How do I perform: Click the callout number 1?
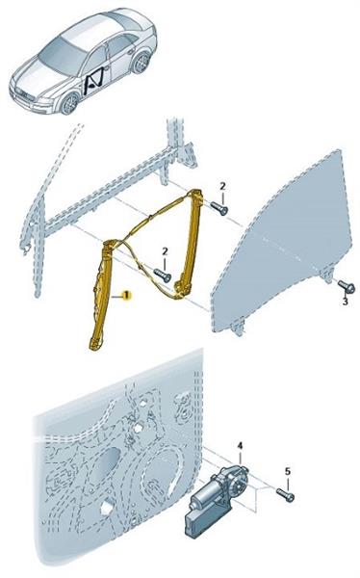pos(126,296)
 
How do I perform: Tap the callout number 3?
pos(345,302)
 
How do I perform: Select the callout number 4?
pos(241,446)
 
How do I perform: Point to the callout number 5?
pos(288,471)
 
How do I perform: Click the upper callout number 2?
pos(222,187)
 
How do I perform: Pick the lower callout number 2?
pos(165,251)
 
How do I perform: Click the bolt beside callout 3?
pos(347,286)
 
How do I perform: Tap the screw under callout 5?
pos(285,495)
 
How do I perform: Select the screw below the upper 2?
pos(219,208)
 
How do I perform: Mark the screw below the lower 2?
pos(163,275)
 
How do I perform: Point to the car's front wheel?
pos(69,104)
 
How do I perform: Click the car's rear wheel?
pos(141,63)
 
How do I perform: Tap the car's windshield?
pos(63,54)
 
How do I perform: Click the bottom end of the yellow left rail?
pos(95,345)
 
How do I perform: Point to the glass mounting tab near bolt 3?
pos(326,275)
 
